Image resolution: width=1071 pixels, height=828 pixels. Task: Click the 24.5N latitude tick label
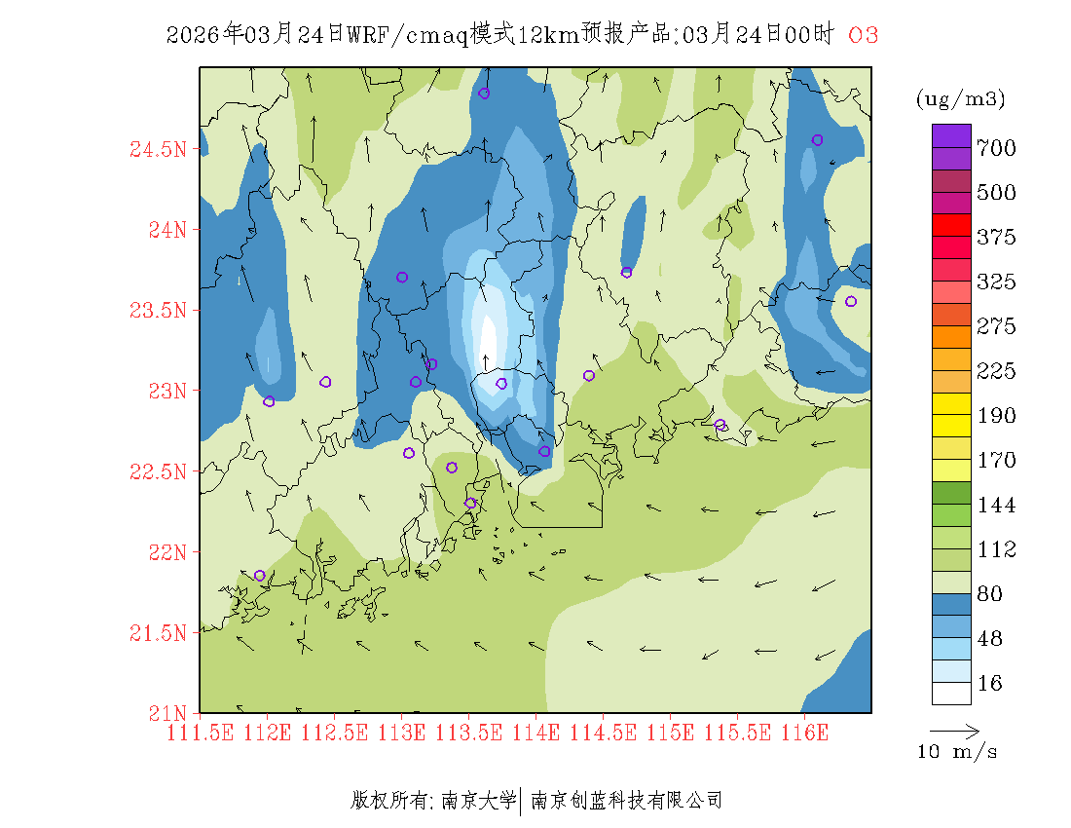(x=157, y=150)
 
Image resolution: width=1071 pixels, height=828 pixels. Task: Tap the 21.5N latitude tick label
(x=157, y=634)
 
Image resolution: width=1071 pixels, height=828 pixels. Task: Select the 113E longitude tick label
(x=401, y=733)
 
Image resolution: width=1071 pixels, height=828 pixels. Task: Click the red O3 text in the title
(x=864, y=35)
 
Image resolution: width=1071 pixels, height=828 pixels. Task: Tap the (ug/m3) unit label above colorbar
(x=960, y=98)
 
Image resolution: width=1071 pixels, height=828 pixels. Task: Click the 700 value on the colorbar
(x=996, y=148)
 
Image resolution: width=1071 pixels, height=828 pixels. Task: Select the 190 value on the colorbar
(x=996, y=416)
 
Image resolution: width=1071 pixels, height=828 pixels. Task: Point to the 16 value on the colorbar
(x=989, y=684)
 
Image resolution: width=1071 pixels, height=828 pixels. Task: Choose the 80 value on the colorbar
(x=989, y=594)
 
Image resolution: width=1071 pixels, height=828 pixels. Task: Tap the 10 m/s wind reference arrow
(x=954, y=730)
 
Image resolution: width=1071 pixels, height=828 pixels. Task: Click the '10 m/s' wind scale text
(x=957, y=752)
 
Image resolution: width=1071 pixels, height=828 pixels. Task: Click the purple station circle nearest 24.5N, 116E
(x=817, y=139)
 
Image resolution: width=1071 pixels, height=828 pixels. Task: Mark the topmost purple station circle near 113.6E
(x=484, y=94)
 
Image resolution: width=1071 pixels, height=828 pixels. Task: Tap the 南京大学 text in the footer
(x=478, y=801)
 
